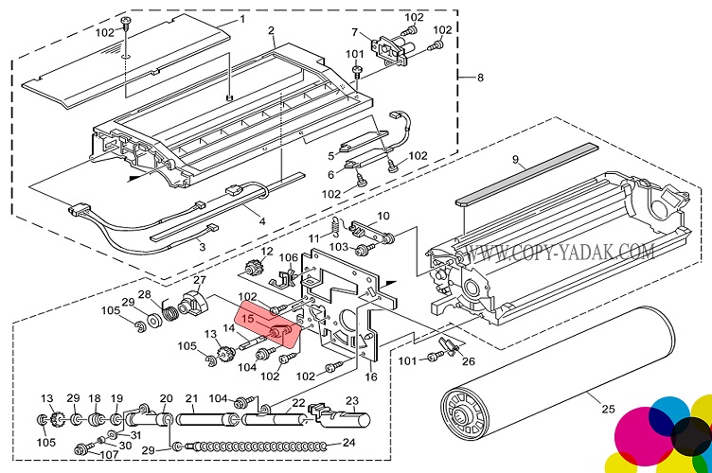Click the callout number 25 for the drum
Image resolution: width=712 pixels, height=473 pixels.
point(607,409)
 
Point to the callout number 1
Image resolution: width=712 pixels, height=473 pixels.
point(240,18)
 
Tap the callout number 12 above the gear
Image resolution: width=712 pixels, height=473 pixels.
point(267,251)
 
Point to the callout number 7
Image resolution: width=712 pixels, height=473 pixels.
point(382,33)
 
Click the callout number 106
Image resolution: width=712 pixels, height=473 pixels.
point(288,257)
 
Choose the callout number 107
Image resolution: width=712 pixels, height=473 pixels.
point(110,455)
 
